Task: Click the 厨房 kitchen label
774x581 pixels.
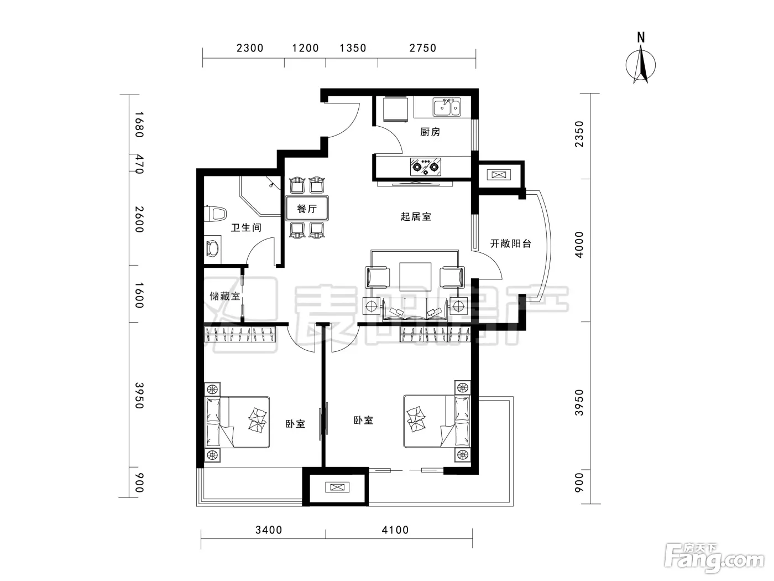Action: [430, 132]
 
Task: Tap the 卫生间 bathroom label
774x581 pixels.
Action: [246, 227]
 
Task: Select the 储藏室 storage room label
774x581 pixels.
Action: [224, 296]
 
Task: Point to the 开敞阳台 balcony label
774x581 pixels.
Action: [511, 243]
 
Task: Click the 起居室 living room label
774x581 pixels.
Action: [416, 216]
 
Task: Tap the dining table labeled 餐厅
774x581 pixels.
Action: [307, 208]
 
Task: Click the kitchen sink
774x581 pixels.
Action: [447, 107]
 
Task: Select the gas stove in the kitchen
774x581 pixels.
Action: [426, 167]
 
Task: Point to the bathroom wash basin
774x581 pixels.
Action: [212, 248]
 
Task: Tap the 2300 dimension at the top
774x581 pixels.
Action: [250, 48]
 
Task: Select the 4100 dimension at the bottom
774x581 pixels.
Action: [395, 530]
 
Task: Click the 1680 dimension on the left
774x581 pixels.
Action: [139, 124]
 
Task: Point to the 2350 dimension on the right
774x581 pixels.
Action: [579, 134]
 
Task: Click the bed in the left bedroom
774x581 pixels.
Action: [237, 422]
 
